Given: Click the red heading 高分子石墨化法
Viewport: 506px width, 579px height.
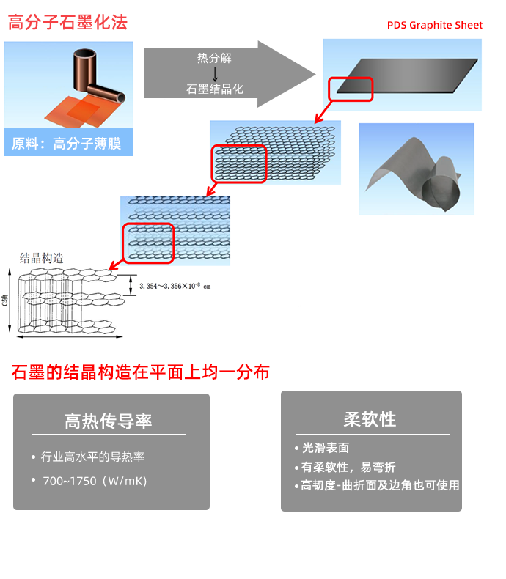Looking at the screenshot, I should point(67,23).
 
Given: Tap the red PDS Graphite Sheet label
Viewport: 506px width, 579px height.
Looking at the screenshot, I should point(435,25).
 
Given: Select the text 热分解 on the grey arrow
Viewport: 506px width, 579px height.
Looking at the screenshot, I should point(214,59).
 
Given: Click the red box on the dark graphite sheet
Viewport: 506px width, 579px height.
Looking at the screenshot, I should point(351,89).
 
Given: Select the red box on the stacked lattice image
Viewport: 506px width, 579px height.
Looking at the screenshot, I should point(238,163).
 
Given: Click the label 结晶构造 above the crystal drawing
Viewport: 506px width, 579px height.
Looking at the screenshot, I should point(41,258).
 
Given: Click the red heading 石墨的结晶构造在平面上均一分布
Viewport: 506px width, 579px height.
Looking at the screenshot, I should point(141,372).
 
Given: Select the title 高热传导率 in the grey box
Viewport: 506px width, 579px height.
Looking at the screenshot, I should point(108,421).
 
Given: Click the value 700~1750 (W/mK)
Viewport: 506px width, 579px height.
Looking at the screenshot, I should point(95,481).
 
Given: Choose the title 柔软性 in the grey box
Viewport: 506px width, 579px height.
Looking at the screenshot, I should point(370,419).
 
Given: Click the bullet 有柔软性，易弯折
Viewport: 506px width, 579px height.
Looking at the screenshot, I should point(348,467).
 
